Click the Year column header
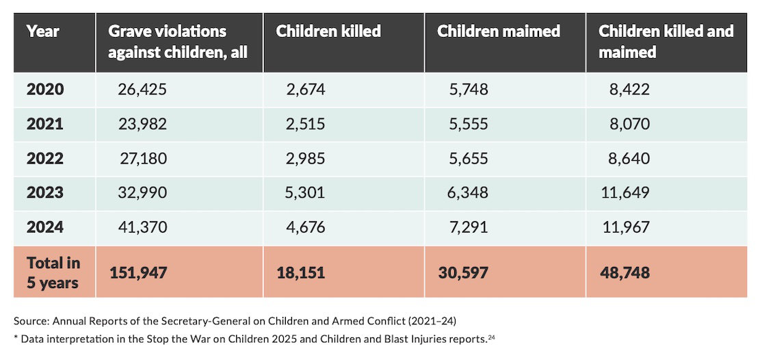click(43, 31)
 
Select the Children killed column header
click(328, 31)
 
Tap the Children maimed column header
click(499, 31)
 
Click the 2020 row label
click(44, 90)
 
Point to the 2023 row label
click(44, 193)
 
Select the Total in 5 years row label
click(53, 272)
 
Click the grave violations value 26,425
click(142, 90)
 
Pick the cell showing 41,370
click(142, 228)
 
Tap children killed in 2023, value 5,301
click(305, 193)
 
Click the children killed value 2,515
click(305, 124)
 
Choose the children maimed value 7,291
click(468, 228)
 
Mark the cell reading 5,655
click(468, 159)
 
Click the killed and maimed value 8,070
click(630, 124)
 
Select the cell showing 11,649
click(625, 193)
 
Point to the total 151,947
click(138, 273)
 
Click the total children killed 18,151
click(300, 273)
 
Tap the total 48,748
click(625, 273)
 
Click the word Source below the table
click(31, 321)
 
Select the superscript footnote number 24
click(491, 337)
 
